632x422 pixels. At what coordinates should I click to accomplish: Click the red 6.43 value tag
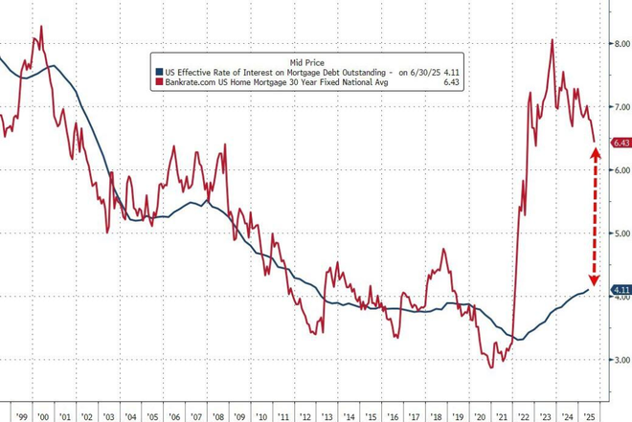(620, 144)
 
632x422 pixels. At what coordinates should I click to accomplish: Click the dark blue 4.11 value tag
(620, 289)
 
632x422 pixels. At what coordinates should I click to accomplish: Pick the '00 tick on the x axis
(43, 417)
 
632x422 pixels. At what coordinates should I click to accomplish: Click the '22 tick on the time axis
(524, 417)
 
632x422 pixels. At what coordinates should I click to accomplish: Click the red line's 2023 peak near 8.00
(553, 40)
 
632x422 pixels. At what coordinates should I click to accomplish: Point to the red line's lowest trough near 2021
(492, 366)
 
